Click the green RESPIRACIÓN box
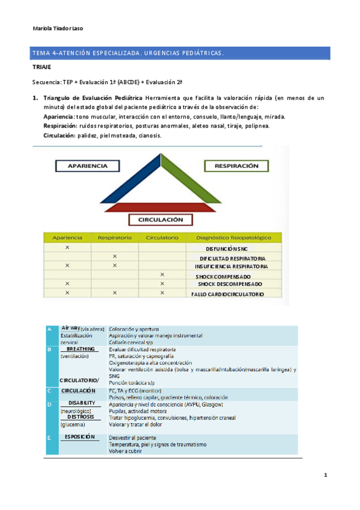pyautogui.click(x=236, y=165)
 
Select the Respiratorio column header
pyautogui.click(x=114, y=238)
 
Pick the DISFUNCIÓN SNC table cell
pyautogui.click(x=226, y=248)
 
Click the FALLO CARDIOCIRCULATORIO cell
pyautogui.click(x=227, y=294)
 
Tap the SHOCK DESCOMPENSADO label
pyautogui.click(x=230, y=284)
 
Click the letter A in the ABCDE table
pyautogui.click(x=49, y=329)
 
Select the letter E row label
pyautogui.click(x=49, y=437)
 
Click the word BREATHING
pyautogui.click(x=81, y=349)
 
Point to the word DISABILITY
pyautogui.click(x=82, y=402)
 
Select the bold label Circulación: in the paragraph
pyautogui.click(x=60, y=135)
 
